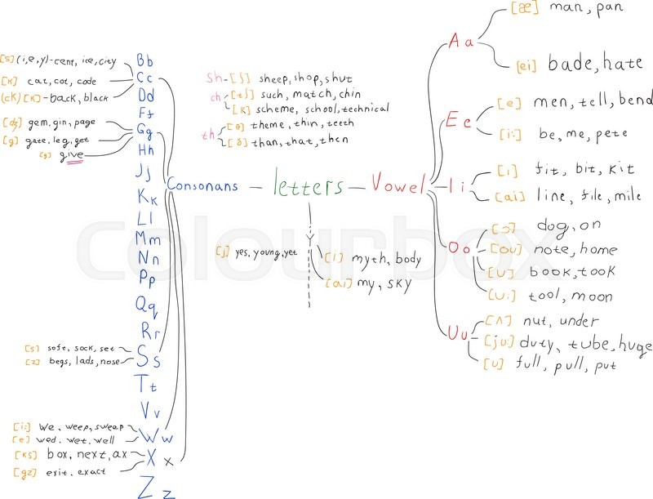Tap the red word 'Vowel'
[x=398, y=185]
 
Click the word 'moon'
[x=592, y=296]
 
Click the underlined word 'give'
[x=72, y=155]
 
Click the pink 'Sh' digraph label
[x=214, y=78]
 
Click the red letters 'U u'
[x=459, y=332]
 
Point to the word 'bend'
[x=636, y=100]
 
